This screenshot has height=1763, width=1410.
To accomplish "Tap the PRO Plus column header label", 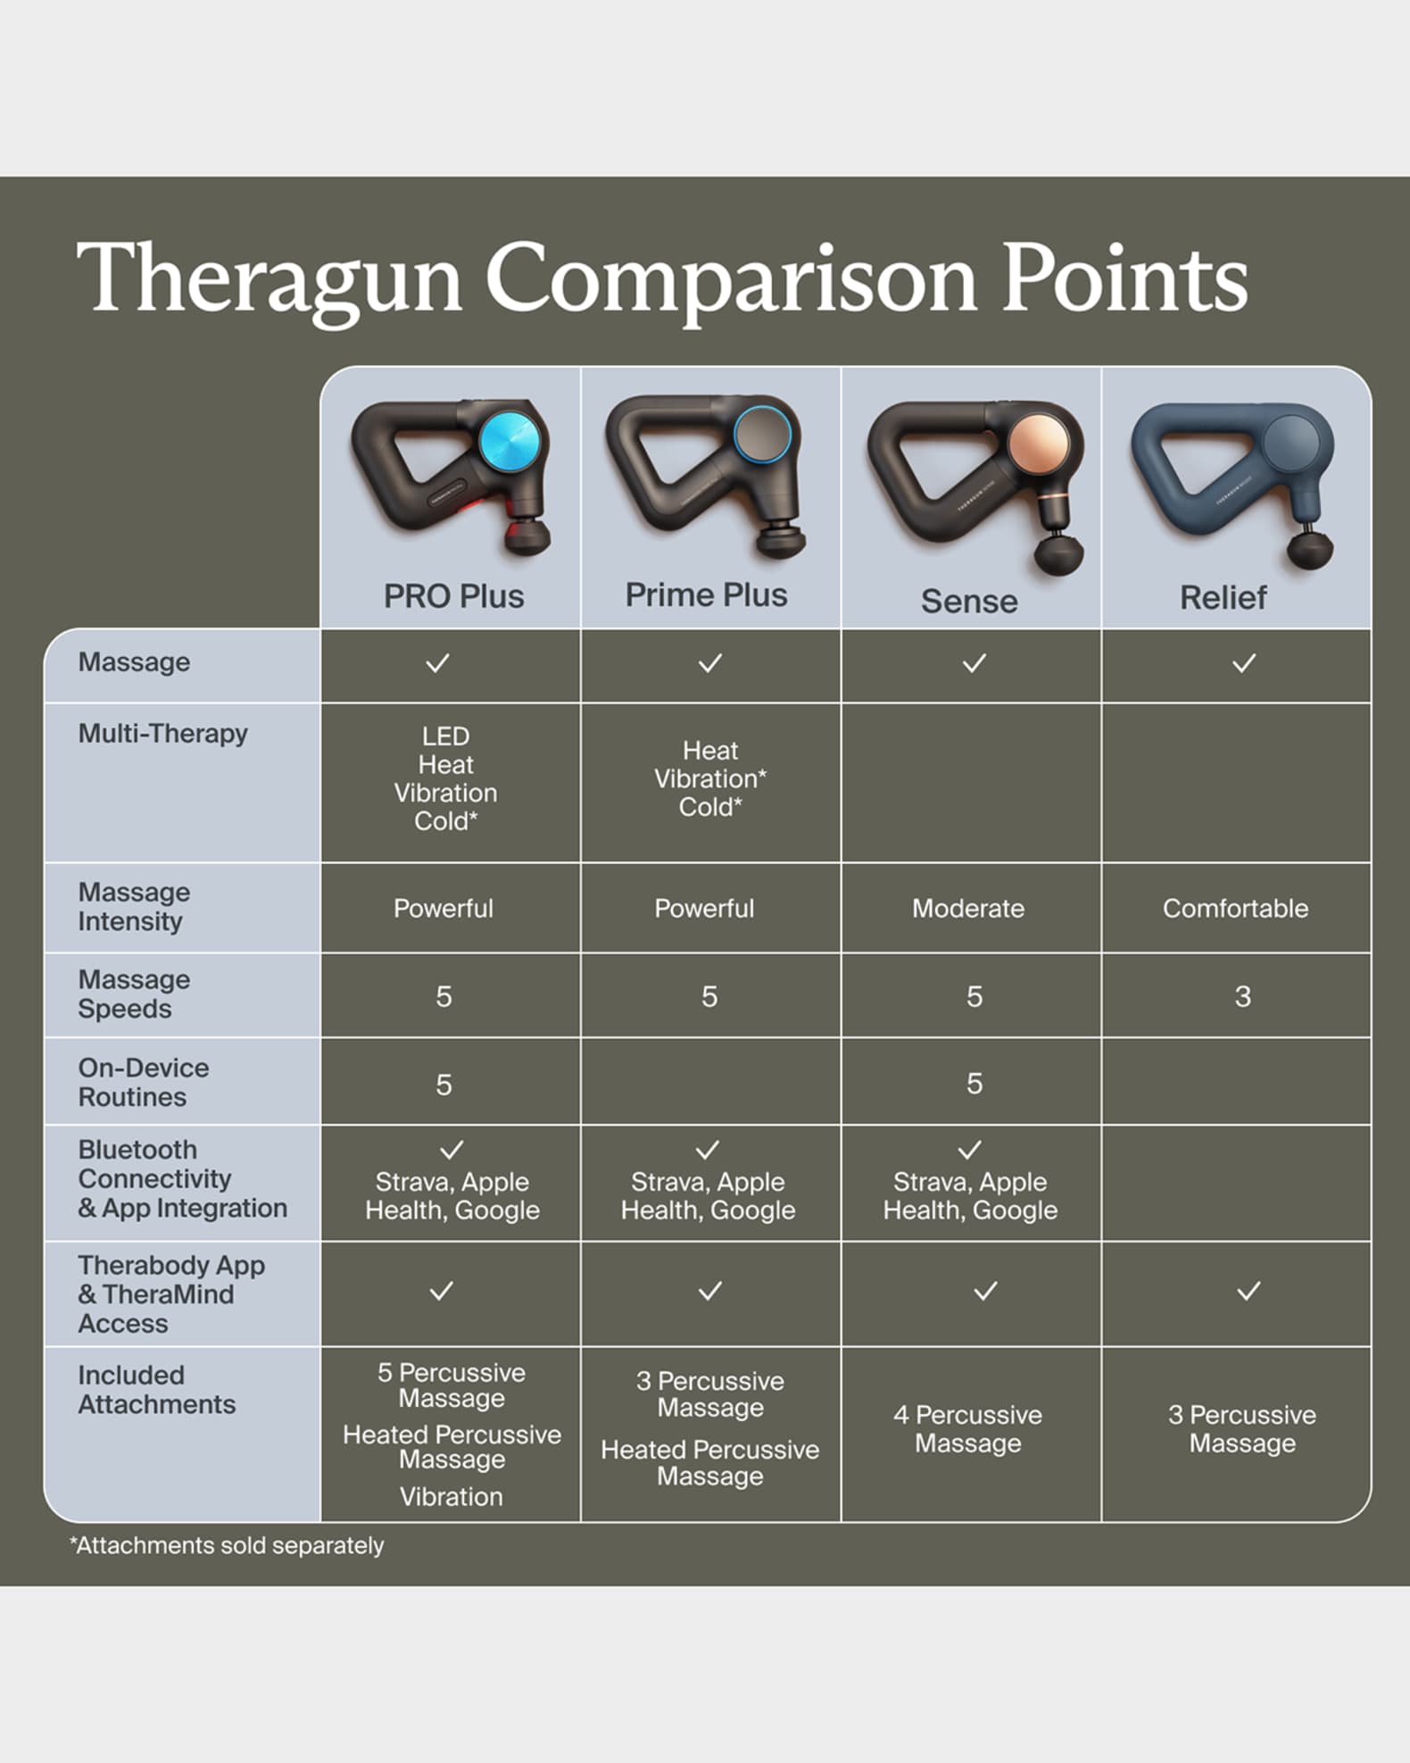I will [453, 596].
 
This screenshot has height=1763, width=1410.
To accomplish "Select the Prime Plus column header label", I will [706, 595].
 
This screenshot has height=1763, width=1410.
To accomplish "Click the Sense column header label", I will [969, 601].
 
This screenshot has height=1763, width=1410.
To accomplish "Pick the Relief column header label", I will [1223, 597].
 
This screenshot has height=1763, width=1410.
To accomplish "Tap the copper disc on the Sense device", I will [1038, 444].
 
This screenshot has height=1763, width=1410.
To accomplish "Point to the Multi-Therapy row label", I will [162, 734].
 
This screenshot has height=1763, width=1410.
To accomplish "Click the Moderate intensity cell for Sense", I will [968, 909].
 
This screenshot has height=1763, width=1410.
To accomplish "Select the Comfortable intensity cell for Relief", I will [1235, 909].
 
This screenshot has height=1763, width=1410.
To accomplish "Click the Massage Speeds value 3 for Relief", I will [1242, 996].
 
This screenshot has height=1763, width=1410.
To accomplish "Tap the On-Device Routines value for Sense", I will [975, 1084].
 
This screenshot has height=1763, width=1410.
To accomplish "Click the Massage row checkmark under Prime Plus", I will [710, 663].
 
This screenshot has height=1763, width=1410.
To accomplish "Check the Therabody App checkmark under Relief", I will [1248, 1291].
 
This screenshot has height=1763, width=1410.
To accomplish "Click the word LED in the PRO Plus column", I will [445, 736].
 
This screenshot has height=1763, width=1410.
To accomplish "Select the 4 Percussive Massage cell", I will [968, 1428].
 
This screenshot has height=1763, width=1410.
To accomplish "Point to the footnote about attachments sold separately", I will [227, 1545].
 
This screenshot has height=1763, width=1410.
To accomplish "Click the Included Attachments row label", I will [156, 1390].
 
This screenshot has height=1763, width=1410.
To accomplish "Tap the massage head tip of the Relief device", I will [1310, 548].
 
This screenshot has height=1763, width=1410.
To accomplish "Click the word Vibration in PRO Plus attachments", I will [451, 1496].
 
